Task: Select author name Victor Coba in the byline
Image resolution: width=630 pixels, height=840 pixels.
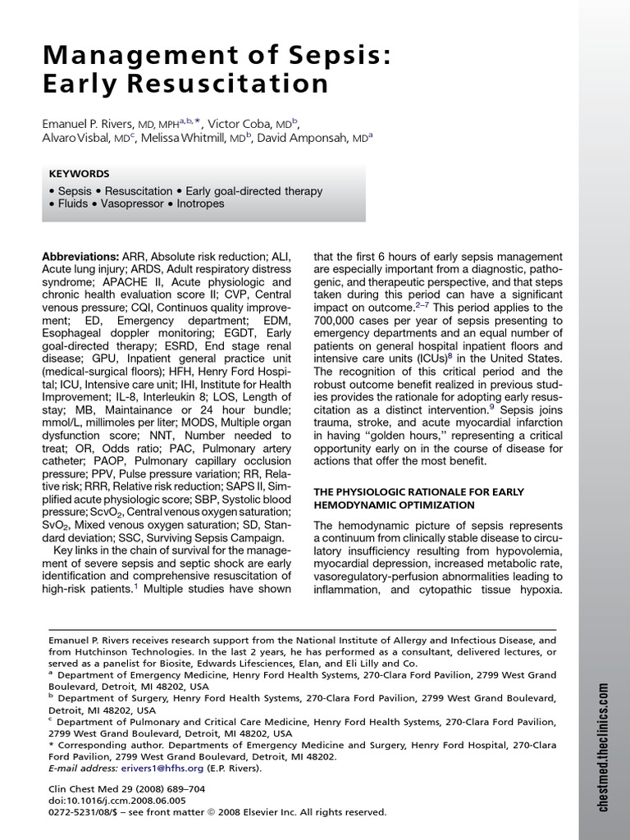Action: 240,124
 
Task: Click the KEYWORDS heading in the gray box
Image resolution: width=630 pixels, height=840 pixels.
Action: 79,174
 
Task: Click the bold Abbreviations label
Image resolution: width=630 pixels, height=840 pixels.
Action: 80,257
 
